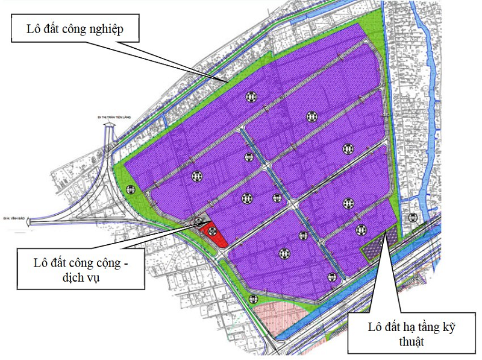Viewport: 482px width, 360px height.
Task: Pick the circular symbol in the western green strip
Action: (x=130, y=189)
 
